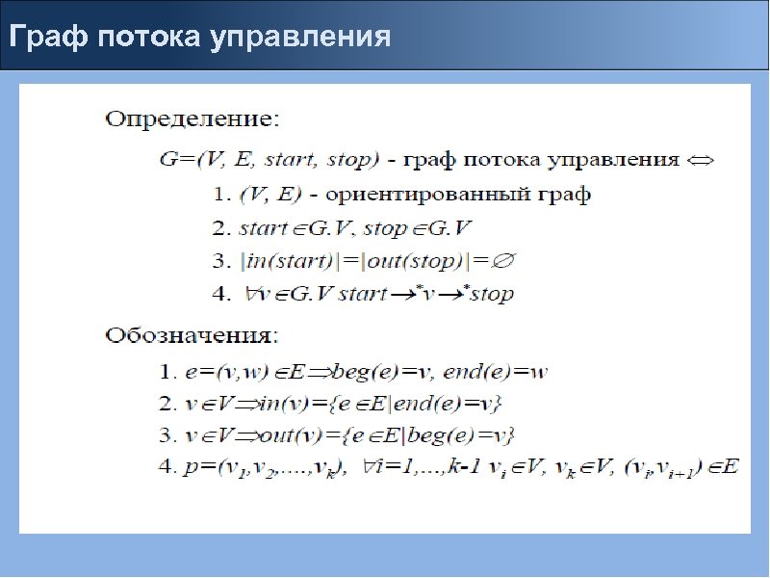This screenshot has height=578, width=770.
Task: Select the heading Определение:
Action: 192,119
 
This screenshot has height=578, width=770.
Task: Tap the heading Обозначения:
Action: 192,336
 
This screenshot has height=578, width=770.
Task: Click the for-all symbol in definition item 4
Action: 256,293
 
